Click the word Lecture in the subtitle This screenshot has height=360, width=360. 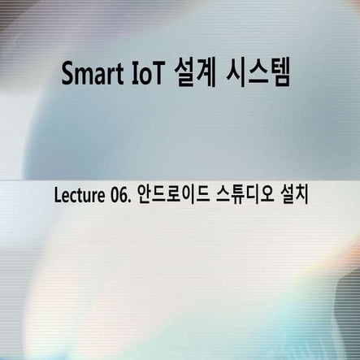pos(77,197)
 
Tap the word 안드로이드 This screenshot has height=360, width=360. pos(171,197)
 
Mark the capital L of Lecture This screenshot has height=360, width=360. pos(56,197)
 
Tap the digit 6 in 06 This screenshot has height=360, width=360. pos(123,197)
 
